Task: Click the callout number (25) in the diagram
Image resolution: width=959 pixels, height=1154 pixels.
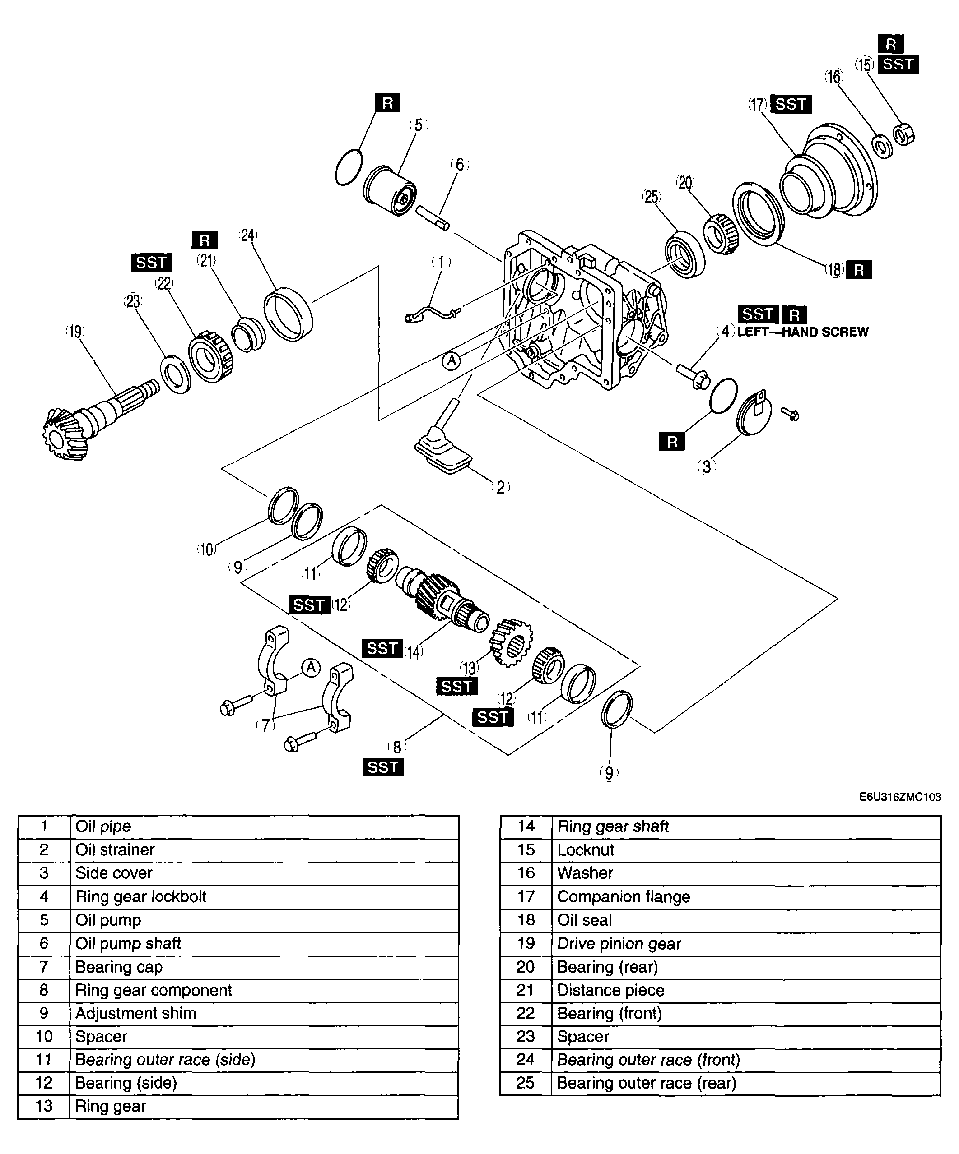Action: pos(652,197)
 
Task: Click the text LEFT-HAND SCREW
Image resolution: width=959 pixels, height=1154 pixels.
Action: pos(803,332)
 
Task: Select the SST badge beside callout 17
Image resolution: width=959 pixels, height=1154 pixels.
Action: pos(791,104)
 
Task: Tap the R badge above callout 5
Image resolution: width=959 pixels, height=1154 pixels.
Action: pos(388,103)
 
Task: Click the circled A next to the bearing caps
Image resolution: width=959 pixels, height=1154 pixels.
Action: pos(311,668)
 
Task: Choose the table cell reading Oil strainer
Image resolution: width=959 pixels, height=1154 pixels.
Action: pos(265,849)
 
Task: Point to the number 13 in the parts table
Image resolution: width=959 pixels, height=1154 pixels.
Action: pos(44,1106)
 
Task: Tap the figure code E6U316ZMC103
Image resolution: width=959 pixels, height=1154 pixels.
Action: pos(900,797)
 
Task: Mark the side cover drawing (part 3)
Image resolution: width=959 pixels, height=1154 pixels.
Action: pos(754,412)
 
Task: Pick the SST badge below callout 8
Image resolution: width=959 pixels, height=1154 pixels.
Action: pos(383,767)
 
